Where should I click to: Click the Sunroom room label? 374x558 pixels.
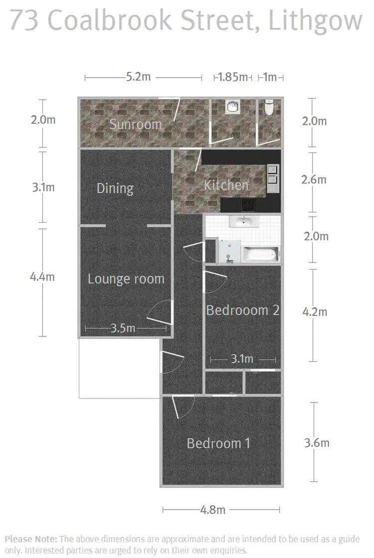(x=136, y=124)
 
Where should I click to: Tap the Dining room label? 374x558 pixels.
(x=115, y=188)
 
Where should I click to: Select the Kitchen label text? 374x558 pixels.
(x=226, y=185)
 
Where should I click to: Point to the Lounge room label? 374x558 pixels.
(x=126, y=279)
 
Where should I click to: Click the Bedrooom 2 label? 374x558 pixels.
(x=243, y=310)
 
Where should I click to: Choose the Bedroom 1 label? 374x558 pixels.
(x=218, y=443)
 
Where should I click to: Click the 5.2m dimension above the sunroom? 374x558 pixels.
(x=138, y=77)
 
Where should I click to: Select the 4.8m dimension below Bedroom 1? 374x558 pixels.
(x=212, y=510)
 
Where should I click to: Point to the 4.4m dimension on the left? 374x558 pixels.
(x=42, y=277)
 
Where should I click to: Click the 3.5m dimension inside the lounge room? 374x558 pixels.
(x=122, y=328)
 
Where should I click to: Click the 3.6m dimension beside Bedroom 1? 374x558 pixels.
(x=316, y=443)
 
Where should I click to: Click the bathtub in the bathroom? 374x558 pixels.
(x=259, y=255)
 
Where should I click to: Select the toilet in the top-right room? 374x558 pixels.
(x=269, y=108)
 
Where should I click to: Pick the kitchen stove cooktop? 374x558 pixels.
(x=248, y=204)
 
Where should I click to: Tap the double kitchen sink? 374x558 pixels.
(x=273, y=175)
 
